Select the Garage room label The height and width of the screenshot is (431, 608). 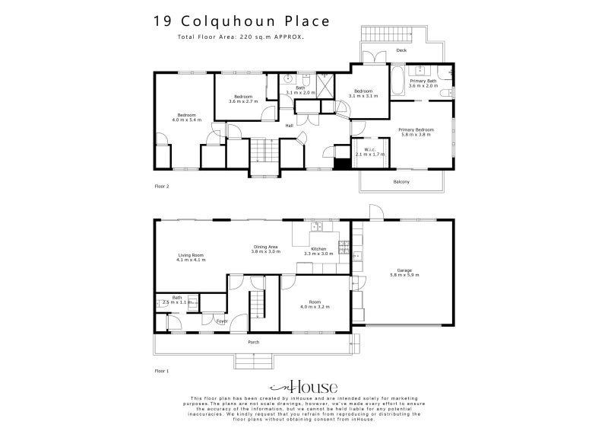404,273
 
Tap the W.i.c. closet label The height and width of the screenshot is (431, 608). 371,152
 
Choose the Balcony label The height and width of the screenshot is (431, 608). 401,181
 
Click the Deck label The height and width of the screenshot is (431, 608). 401,51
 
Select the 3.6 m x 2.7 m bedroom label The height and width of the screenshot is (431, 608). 243,99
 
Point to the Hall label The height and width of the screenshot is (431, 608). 289,126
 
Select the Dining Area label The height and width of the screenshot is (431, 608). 266,249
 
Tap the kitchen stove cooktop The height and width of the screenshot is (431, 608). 343,247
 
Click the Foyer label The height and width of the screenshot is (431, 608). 223,321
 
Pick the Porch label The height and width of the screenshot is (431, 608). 253,342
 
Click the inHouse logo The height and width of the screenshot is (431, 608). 303,386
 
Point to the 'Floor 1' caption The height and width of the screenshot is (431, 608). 161,370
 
